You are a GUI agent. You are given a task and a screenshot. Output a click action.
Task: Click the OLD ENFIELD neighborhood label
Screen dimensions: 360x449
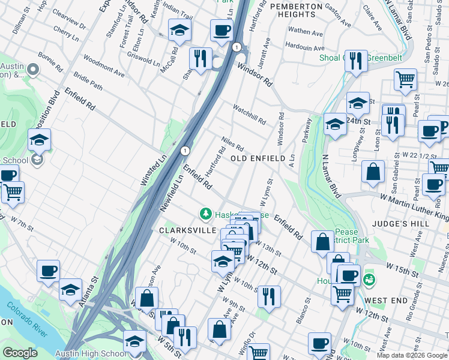[257, 158]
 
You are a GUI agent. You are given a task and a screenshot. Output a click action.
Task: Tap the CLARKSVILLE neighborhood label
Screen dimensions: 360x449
[183, 230]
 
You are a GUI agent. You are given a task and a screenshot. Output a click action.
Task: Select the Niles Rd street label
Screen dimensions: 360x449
[232, 143]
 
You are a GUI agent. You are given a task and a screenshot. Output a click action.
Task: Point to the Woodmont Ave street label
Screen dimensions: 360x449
[104, 67]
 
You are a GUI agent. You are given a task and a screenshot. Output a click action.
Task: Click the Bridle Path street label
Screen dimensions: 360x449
[88, 82]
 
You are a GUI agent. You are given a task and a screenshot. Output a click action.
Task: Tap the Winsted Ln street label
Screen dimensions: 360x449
[153, 172]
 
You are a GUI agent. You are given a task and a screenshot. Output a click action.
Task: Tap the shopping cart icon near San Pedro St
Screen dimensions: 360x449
[406, 79]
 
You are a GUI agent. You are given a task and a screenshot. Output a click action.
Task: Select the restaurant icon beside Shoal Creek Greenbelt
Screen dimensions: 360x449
[356, 61]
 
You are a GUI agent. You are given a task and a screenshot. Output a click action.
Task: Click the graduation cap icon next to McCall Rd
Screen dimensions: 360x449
[179, 31]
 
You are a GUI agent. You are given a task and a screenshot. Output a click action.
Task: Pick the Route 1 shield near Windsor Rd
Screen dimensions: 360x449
[238, 47]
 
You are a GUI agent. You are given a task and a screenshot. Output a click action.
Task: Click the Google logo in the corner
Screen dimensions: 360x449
[20, 353]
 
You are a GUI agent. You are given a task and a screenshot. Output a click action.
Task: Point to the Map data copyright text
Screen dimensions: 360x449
[412, 355]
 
